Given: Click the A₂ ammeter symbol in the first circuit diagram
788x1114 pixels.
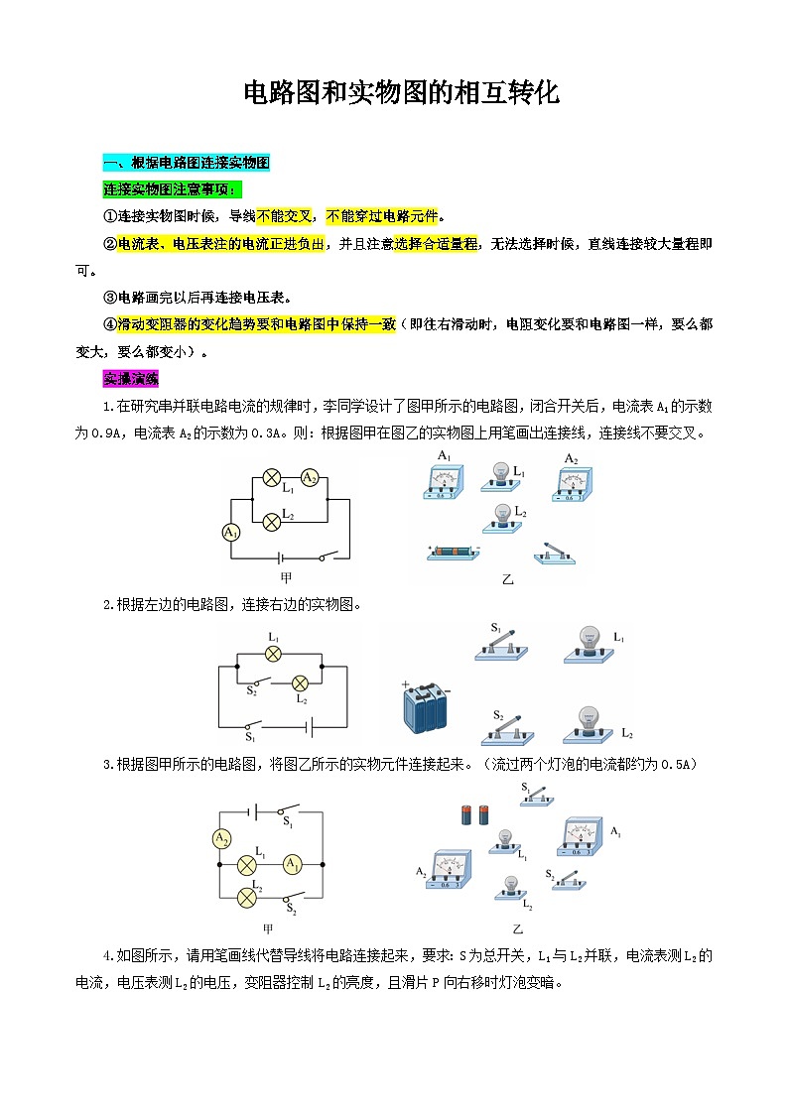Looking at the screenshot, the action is tap(310, 478).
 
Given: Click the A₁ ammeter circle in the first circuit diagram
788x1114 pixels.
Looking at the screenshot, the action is tap(231, 533).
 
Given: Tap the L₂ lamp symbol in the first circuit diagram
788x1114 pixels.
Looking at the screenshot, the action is tap(271, 520).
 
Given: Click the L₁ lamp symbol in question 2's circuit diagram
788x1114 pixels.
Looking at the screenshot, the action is tap(273, 654).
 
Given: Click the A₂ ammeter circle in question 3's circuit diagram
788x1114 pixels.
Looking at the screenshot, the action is tap(221, 839).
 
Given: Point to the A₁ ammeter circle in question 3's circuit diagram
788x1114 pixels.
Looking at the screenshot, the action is tap(292, 865).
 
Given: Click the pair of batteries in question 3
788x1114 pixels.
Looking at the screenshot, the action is tap(475, 815).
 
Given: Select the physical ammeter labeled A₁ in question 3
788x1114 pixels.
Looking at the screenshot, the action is tap(580, 838).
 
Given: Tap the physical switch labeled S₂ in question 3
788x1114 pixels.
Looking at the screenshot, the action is tap(567, 879).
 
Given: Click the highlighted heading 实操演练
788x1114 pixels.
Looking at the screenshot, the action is tap(123, 379).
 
